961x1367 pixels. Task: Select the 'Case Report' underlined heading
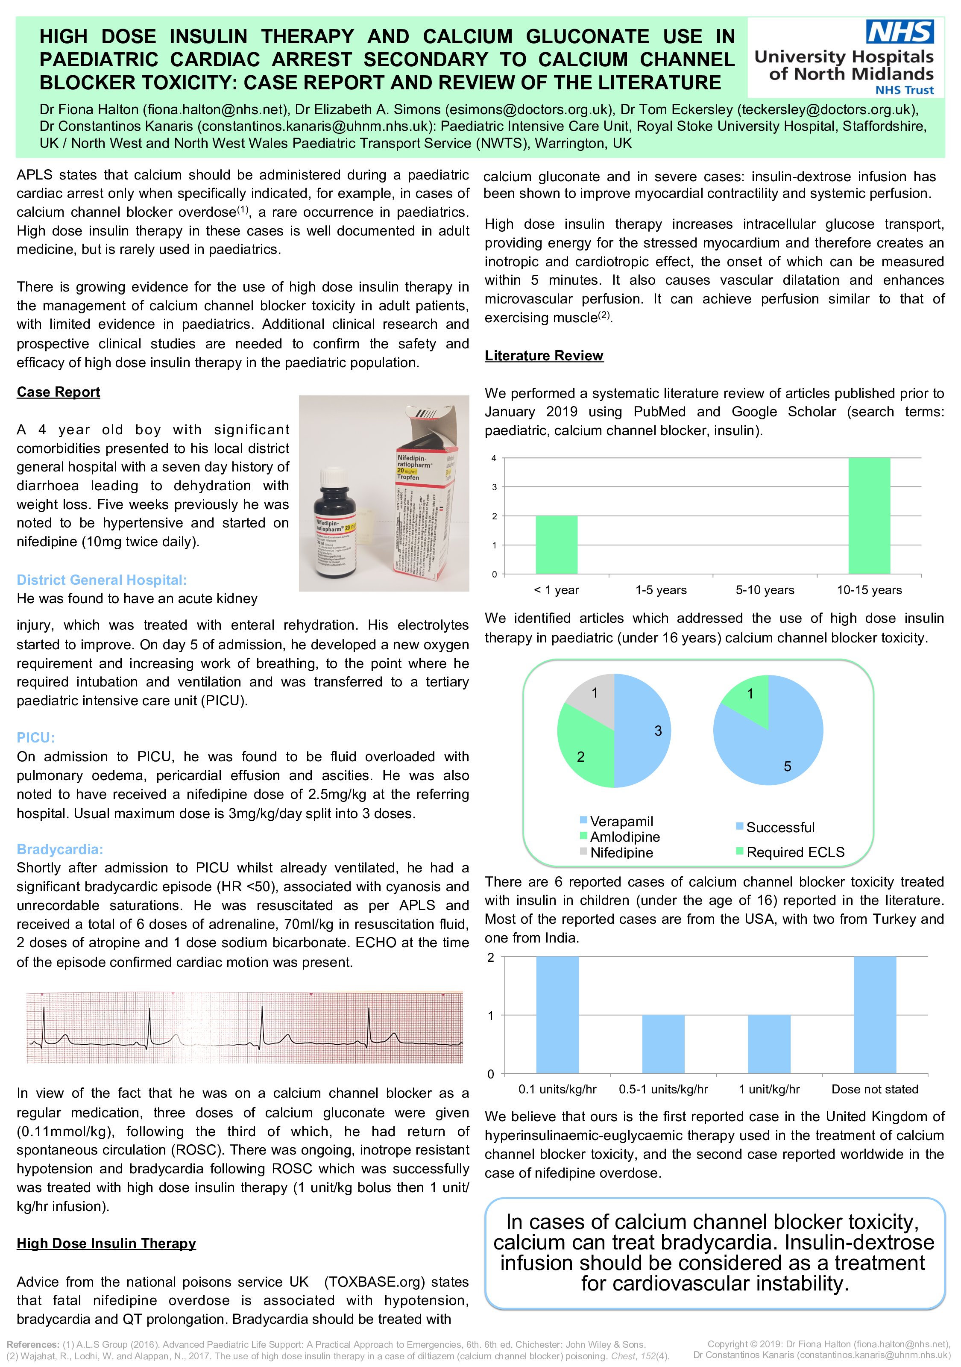pyautogui.click(x=59, y=392)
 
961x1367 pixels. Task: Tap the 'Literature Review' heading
pyautogui.click(x=544, y=356)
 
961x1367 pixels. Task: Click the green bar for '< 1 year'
pyautogui.click(x=557, y=545)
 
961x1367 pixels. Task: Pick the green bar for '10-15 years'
pyautogui.click(x=869, y=516)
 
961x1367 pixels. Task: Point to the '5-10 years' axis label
pyautogui.click(x=765, y=590)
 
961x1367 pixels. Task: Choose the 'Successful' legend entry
pyautogui.click(x=779, y=827)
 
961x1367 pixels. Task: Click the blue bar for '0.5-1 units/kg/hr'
pyautogui.click(x=663, y=1044)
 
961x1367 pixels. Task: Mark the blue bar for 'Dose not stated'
pyautogui.click(x=875, y=1015)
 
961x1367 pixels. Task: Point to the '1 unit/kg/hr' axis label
pyautogui.click(x=769, y=1089)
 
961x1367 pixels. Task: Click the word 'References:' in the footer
pyautogui.click(x=33, y=1344)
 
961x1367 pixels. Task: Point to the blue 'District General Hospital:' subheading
pyautogui.click(x=102, y=580)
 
